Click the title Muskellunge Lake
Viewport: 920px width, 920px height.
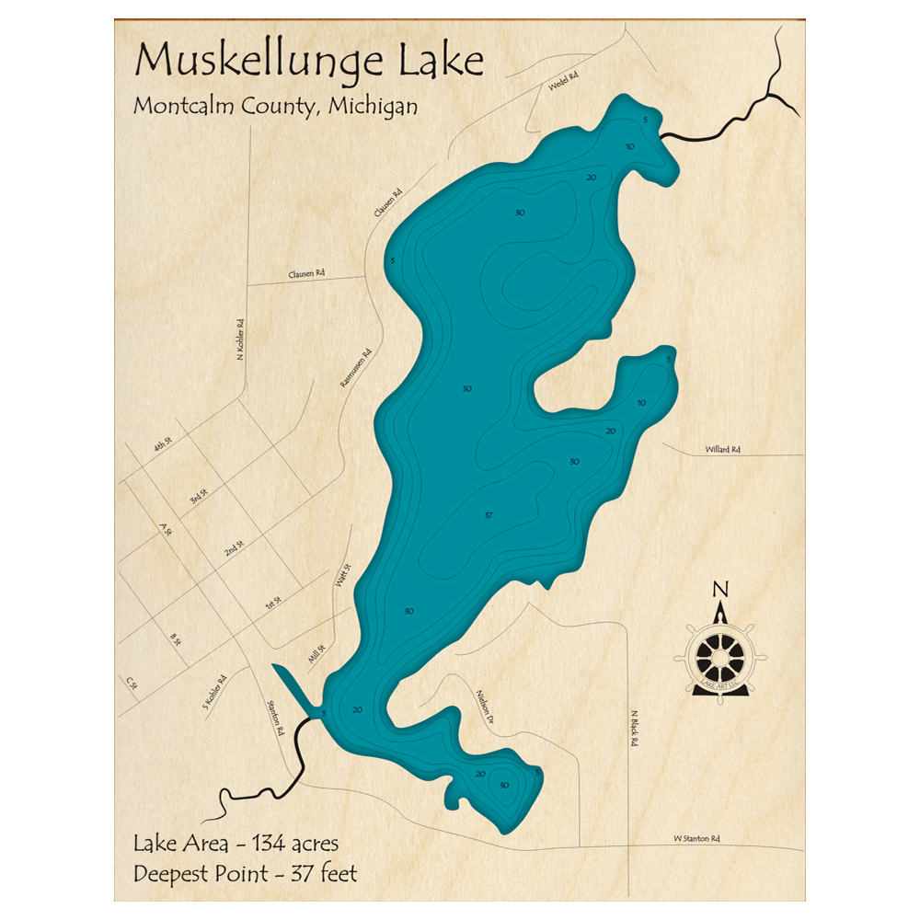point(309,61)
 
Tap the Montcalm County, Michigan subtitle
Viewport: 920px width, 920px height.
point(275,106)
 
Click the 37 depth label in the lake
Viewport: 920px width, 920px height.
point(489,515)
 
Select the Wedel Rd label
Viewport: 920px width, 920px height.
point(561,82)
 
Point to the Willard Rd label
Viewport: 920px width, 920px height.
point(723,449)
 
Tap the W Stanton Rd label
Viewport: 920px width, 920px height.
point(696,838)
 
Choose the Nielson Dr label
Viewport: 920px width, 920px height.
point(487,706)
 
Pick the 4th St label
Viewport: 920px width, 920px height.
point(164,447)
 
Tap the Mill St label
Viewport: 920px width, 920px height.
point(316,654)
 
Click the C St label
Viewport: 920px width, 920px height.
point(131,683)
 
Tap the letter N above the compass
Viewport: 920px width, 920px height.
point(721,590)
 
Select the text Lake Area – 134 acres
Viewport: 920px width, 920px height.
point(236,843)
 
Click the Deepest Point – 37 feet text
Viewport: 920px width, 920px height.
point(245,872)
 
